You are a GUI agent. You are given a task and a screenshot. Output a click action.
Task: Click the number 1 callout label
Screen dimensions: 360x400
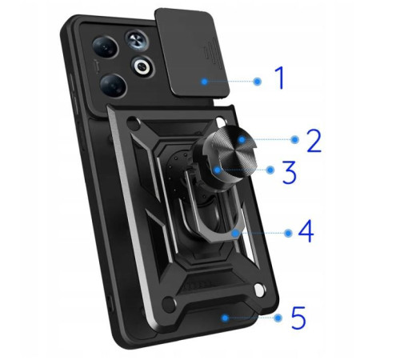pyautogui.click(x=279, y=79)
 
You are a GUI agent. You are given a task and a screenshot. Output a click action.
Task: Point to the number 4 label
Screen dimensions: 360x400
pyautogui.click(x=305, y=233)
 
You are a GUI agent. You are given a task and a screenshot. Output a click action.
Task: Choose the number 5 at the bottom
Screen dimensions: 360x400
pyautogui.click(x=298, y=318)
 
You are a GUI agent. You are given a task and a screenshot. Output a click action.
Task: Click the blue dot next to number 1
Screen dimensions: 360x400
pyautogui.click(x=258, y=81)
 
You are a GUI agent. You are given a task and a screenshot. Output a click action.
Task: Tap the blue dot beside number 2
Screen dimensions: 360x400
pyautogui.click(x=294, y=140)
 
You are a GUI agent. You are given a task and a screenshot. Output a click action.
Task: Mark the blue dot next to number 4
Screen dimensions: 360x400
pyautogui.click(x=286, y=233)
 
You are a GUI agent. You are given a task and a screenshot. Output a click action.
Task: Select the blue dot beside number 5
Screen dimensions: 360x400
pyautogui.click(x=278, y=318)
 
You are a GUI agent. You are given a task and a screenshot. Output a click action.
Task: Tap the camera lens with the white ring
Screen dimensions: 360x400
pyautogui.click(x=146, y=66)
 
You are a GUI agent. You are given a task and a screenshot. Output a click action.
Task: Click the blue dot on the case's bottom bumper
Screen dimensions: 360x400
pyautogui.click(x=225, y=318)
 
